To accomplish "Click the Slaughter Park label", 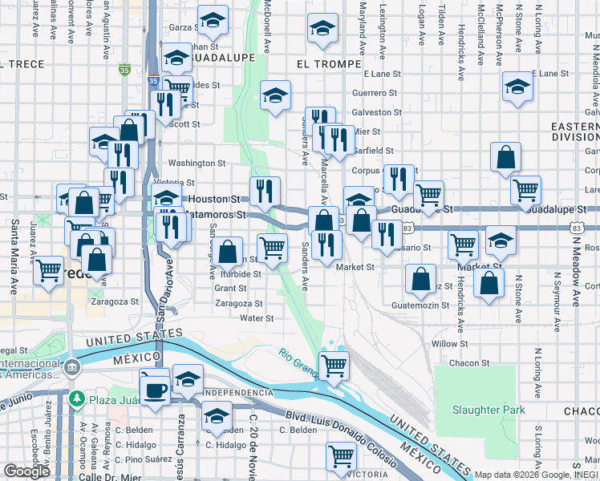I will (488, 410).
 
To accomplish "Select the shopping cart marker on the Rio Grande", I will (334, 366).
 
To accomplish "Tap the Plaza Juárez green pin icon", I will (77, 398).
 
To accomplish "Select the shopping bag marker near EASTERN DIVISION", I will (505, 157).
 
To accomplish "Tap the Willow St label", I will (449, 343).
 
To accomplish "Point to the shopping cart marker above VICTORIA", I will (341, 455).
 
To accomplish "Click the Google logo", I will (26, 471).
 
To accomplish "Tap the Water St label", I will (257, 318).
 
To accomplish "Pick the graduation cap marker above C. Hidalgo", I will (216, 415).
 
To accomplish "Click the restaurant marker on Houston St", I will (265, 191).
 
